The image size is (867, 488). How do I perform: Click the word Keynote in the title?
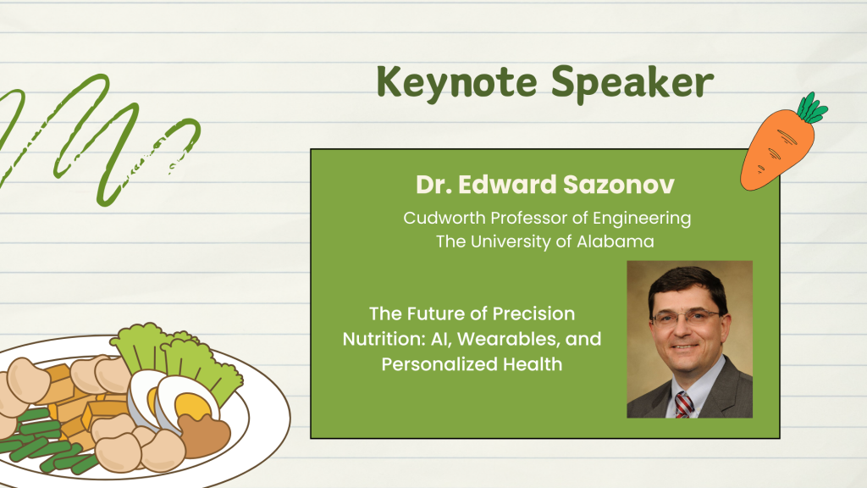pyautogui.click(x=456, y=83)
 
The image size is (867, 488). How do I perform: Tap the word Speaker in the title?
pyautogui.click(x=632, y=83)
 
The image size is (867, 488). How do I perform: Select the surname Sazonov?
pyautogui.click(x=619, y=184)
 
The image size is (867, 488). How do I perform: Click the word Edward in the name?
pyautogui.click(x=507, y=184)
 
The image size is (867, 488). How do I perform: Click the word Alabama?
pyautogui.click(x=616, y=241)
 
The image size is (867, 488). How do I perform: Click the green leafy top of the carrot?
pyautogui.click(x=812, y=108)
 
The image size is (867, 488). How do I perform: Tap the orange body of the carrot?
pyautogui.click(x=776, y=149)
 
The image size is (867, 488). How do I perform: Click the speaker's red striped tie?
pyautogui.click(x=683, y=404)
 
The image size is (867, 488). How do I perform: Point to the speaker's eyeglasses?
pyautogui.click(x=687, y=317)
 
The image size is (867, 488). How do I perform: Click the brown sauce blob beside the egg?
pyautogui.click(x=205, y=435)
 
